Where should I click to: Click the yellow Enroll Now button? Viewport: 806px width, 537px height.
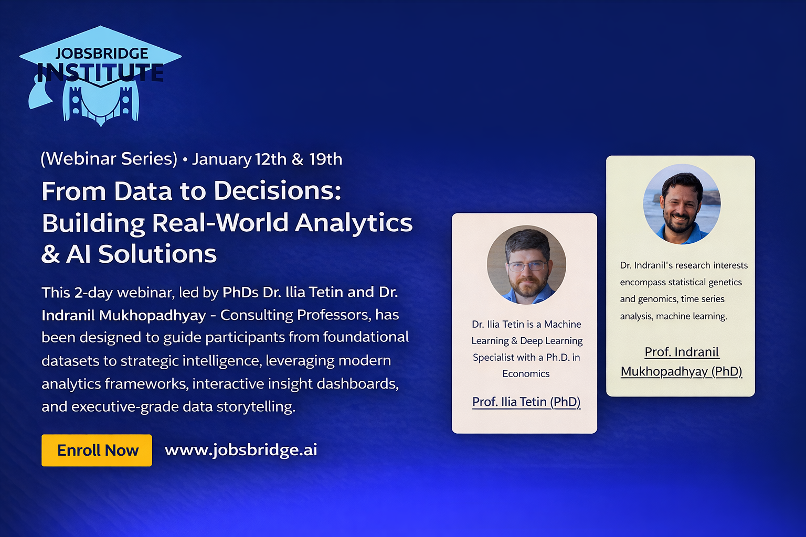pyautogui.click(x=97, y=450)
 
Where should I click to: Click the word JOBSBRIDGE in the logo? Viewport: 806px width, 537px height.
pyautogui.click(x=102, y=53)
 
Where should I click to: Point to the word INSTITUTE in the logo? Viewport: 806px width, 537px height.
pyautogui.click(x=100, y=73)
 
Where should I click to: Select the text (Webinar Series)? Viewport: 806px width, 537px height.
pyautogui.click(x=109, y=159)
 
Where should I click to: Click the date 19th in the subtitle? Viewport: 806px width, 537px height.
pyautogui.click(x=326, y=159)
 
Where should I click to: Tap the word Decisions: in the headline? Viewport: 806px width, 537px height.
pyautogui.click(x=278, y=191)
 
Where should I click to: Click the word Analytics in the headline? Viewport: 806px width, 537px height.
pyautogui.click(x=354, y=223)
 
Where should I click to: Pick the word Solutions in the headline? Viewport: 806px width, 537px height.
pyautogui.click(x=157, y=254)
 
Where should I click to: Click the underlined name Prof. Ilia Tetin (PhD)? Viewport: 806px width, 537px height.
pyautogui.click(x=526, y=402)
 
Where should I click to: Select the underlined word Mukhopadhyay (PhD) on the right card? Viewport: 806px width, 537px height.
pyautogui.click(x=682, y=372)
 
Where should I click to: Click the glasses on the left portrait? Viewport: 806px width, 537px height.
pyautogui.click(x=527, y=266)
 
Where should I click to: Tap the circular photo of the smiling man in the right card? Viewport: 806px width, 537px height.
pyautogui.click(x=682, y=204)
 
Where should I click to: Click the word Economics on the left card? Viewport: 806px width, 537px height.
pyautogui.click(x=526, y=374)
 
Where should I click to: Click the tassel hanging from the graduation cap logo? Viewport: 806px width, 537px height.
pyautogui.click(x=40, y=94)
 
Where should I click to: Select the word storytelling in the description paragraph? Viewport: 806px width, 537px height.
pyautogui.click(x=256, y=407)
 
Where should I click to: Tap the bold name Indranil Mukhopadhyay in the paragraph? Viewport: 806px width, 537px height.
pyautogui.click(x=124, y=316)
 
